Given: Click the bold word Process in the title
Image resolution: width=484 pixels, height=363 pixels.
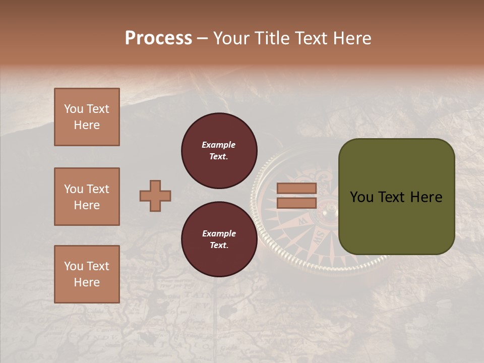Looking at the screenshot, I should (x=158, y=38).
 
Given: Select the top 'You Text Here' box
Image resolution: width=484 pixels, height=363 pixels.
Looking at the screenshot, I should (x=87, y=117).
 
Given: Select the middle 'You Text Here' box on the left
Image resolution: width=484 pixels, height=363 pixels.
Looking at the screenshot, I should (x=87, y=197).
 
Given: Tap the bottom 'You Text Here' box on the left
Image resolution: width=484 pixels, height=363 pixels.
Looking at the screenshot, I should (x=87, y=274).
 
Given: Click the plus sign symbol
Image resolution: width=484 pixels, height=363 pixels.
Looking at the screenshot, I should (x=155, y=196).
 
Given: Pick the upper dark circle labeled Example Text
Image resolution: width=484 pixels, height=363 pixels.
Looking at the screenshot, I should (x=219, y=151).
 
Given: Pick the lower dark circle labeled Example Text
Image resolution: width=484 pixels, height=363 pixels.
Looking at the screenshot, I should (x=219, y=239).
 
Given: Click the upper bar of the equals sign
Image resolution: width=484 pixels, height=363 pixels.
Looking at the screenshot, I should (x=296, y=189).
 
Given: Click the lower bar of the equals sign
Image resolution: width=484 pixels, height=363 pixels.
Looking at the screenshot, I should (x=296, y=203).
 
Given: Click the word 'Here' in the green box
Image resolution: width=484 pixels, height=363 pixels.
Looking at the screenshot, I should (x=426, y=197).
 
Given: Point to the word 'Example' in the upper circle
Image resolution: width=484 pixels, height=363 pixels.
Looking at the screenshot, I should (x=219, y=145).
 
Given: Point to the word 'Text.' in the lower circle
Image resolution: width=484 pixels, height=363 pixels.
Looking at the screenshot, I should (x=219, y=245).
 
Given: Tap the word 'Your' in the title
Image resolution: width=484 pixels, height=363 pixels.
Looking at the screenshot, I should (x=230, y=38).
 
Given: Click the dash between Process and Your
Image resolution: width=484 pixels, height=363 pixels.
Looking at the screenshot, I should (x=203, y=39).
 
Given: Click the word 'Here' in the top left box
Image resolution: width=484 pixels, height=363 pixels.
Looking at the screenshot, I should (x=87, y=125).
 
